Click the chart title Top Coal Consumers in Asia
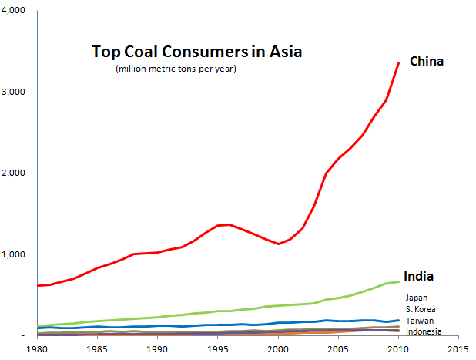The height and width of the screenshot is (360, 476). (x=196, y=52)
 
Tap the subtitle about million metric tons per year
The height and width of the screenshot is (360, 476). (x=176, y=69)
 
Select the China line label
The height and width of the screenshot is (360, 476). (x=427, y=62)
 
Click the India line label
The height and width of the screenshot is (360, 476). (x=418, y=276)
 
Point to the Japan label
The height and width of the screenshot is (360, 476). (x=417, y=298)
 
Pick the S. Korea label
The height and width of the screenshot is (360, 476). (x=421, y=309)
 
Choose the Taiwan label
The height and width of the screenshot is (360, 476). (x=420, y=321)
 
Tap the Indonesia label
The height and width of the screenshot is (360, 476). (x=424, y=331)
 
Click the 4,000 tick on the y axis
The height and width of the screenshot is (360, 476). (x=13, y=10)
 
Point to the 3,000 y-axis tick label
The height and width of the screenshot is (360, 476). (x=13, y=92)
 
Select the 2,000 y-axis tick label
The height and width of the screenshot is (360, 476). (x=13, y=173)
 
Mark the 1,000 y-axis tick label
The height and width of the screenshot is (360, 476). (x=13, y=254)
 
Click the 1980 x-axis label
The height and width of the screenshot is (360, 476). (x=37, y=349)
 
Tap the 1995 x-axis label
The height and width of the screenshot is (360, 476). (x=218, y=349)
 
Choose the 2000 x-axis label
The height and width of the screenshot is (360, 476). (x=278, y=349)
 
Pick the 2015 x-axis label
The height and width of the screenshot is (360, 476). (x=458, y=349)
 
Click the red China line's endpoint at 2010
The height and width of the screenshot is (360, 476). (x=398, y=63)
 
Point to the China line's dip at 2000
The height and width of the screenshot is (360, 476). (x=278, y=244)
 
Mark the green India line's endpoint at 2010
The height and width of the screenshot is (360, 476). (x=398, y=282)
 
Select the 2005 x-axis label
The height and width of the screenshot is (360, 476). (x=338, y=349)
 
